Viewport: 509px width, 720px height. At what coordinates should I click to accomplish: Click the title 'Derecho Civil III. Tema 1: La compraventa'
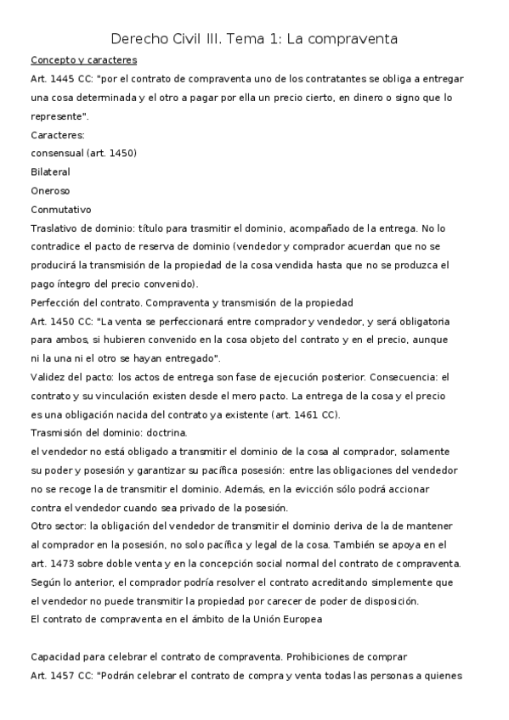click(254, 39)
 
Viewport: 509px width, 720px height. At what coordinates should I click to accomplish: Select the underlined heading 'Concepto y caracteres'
click(83, 60)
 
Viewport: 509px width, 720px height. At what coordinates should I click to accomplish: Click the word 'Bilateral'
click(50, 172)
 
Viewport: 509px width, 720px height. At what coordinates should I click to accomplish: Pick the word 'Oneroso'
click(50, 190)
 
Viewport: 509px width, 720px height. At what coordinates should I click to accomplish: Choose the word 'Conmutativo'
click(60, 209)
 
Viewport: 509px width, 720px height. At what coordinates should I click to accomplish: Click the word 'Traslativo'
click(56, 228)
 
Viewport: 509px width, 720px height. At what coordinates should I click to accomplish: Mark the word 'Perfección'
click(56, 302)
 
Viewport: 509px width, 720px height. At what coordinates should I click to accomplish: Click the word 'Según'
click(45, 582)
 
